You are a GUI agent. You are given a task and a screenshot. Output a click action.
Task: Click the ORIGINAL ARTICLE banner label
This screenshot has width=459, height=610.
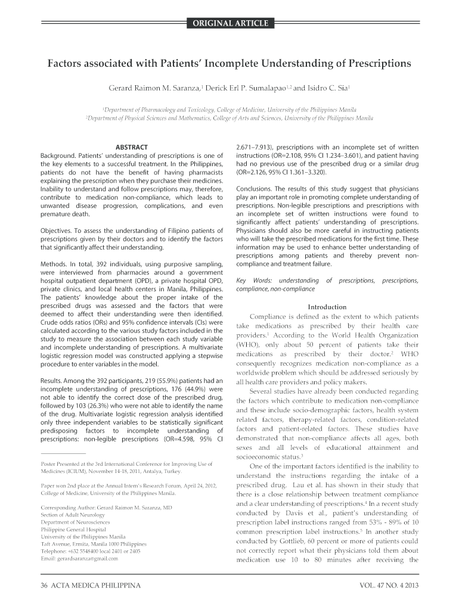(x=229, y=24)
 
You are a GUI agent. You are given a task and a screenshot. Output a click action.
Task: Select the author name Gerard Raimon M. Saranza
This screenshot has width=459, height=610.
(x=154, y=88)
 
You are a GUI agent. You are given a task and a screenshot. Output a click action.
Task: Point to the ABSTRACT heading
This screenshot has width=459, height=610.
(x=131, y=147)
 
